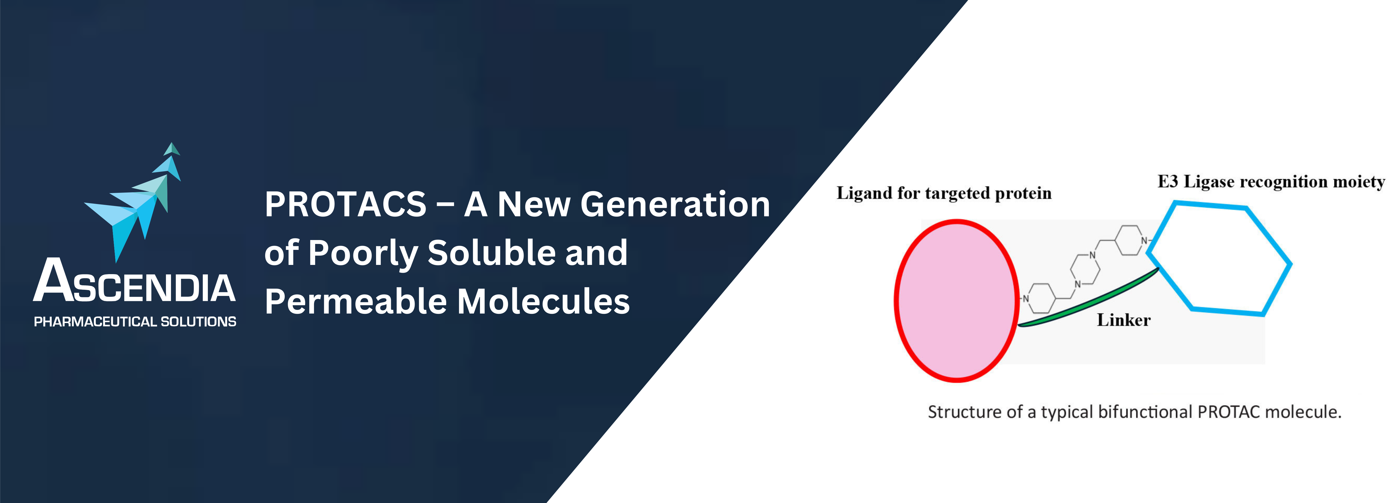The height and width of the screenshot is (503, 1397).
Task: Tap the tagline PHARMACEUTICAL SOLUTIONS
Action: pyautogui.click(x=135, y=322)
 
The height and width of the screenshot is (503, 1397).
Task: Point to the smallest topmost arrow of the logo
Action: pyautogui.click(x=172, y=149)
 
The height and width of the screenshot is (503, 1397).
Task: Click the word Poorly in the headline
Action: pyautogui.click(x=363, y=253)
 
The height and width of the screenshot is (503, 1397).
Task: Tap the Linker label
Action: pyautogui.click(x=1124, y=320)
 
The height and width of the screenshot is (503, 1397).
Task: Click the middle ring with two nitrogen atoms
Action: pyautogui.click(x=1085, y=269)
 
